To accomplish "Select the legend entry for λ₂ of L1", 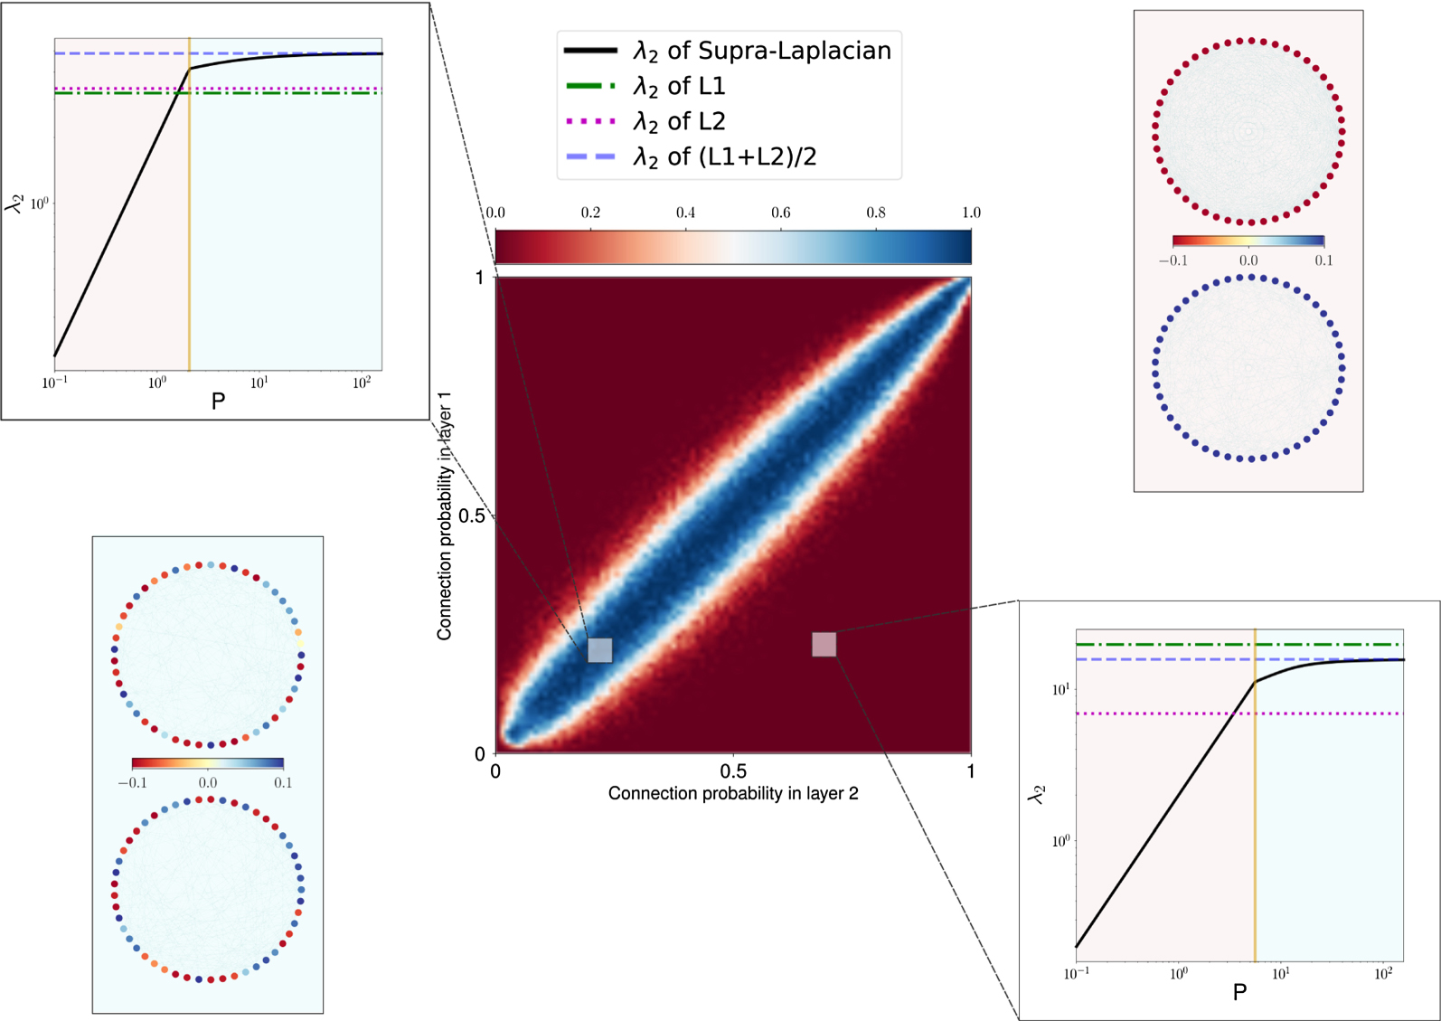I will [679, 86].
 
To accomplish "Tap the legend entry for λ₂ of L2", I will [679, 121].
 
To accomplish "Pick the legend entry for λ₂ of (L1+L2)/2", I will [723, 157].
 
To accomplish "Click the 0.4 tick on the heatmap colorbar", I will [685, 213].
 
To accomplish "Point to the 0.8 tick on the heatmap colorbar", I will [875, 213].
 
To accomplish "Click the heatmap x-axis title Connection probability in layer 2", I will [732, 793].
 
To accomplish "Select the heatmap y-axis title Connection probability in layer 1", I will [444, 515].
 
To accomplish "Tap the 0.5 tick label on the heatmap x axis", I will [732, 771].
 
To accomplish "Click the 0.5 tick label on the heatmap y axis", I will [473, 515].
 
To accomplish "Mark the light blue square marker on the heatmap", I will [599, 649].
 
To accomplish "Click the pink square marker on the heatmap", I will [824, 644].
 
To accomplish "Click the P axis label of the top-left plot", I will [218, 401].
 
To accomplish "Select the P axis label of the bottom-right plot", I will [1239, 992].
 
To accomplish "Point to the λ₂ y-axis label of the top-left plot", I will [15, 203].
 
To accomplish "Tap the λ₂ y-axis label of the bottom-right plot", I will [1037, 794].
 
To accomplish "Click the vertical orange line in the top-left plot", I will [189, 226].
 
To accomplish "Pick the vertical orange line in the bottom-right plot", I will [1255, 814].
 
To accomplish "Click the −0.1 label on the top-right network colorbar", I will [1173, 260].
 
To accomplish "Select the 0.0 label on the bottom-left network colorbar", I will [208, 782].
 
